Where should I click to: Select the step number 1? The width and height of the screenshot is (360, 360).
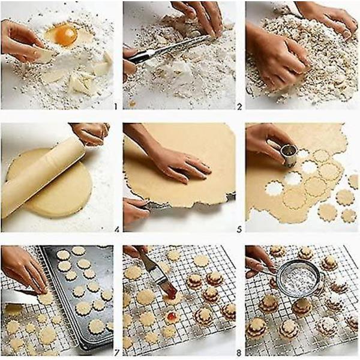(115, 106)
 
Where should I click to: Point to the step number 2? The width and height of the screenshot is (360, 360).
(239, 107)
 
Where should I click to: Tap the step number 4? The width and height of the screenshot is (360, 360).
(116, 229)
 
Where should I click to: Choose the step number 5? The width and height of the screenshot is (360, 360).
(239, 229)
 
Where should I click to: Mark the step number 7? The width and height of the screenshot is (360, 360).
(116, 352)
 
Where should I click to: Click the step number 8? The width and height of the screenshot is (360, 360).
(239, 352)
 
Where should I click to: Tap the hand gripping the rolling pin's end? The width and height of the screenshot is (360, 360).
(91, 134)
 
